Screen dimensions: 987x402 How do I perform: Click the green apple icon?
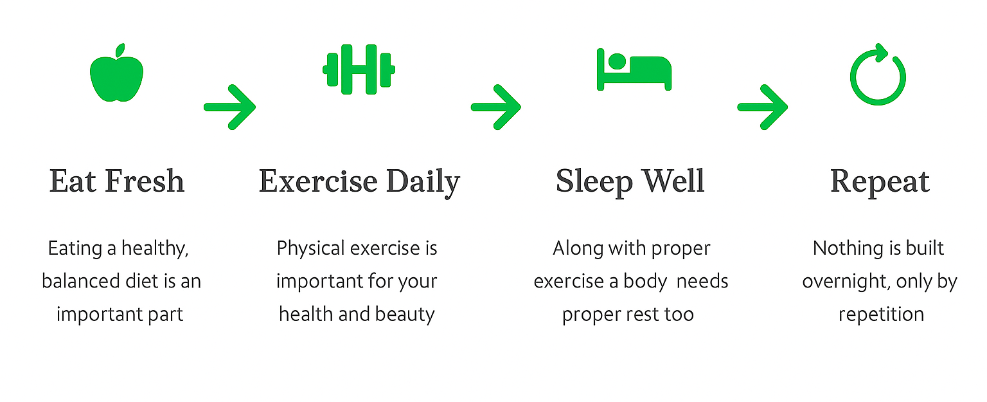[117, 75]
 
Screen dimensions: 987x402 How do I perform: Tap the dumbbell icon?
[359, 69]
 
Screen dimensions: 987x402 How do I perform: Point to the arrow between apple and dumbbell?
[229, 107]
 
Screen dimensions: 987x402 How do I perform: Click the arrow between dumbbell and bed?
[496, 107]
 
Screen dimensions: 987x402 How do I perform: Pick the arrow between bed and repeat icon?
[762, 107]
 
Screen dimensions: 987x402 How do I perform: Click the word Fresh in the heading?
[145, 181]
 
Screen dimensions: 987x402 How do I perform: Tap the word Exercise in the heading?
[318, 181]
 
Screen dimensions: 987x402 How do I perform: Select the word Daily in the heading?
[423, 183]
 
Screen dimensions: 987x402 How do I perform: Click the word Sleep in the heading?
[594, 183]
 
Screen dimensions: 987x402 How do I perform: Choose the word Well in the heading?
[673, 181]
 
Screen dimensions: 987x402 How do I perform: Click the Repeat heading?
[880, 183]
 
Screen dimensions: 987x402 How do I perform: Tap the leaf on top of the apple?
[120, 50]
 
